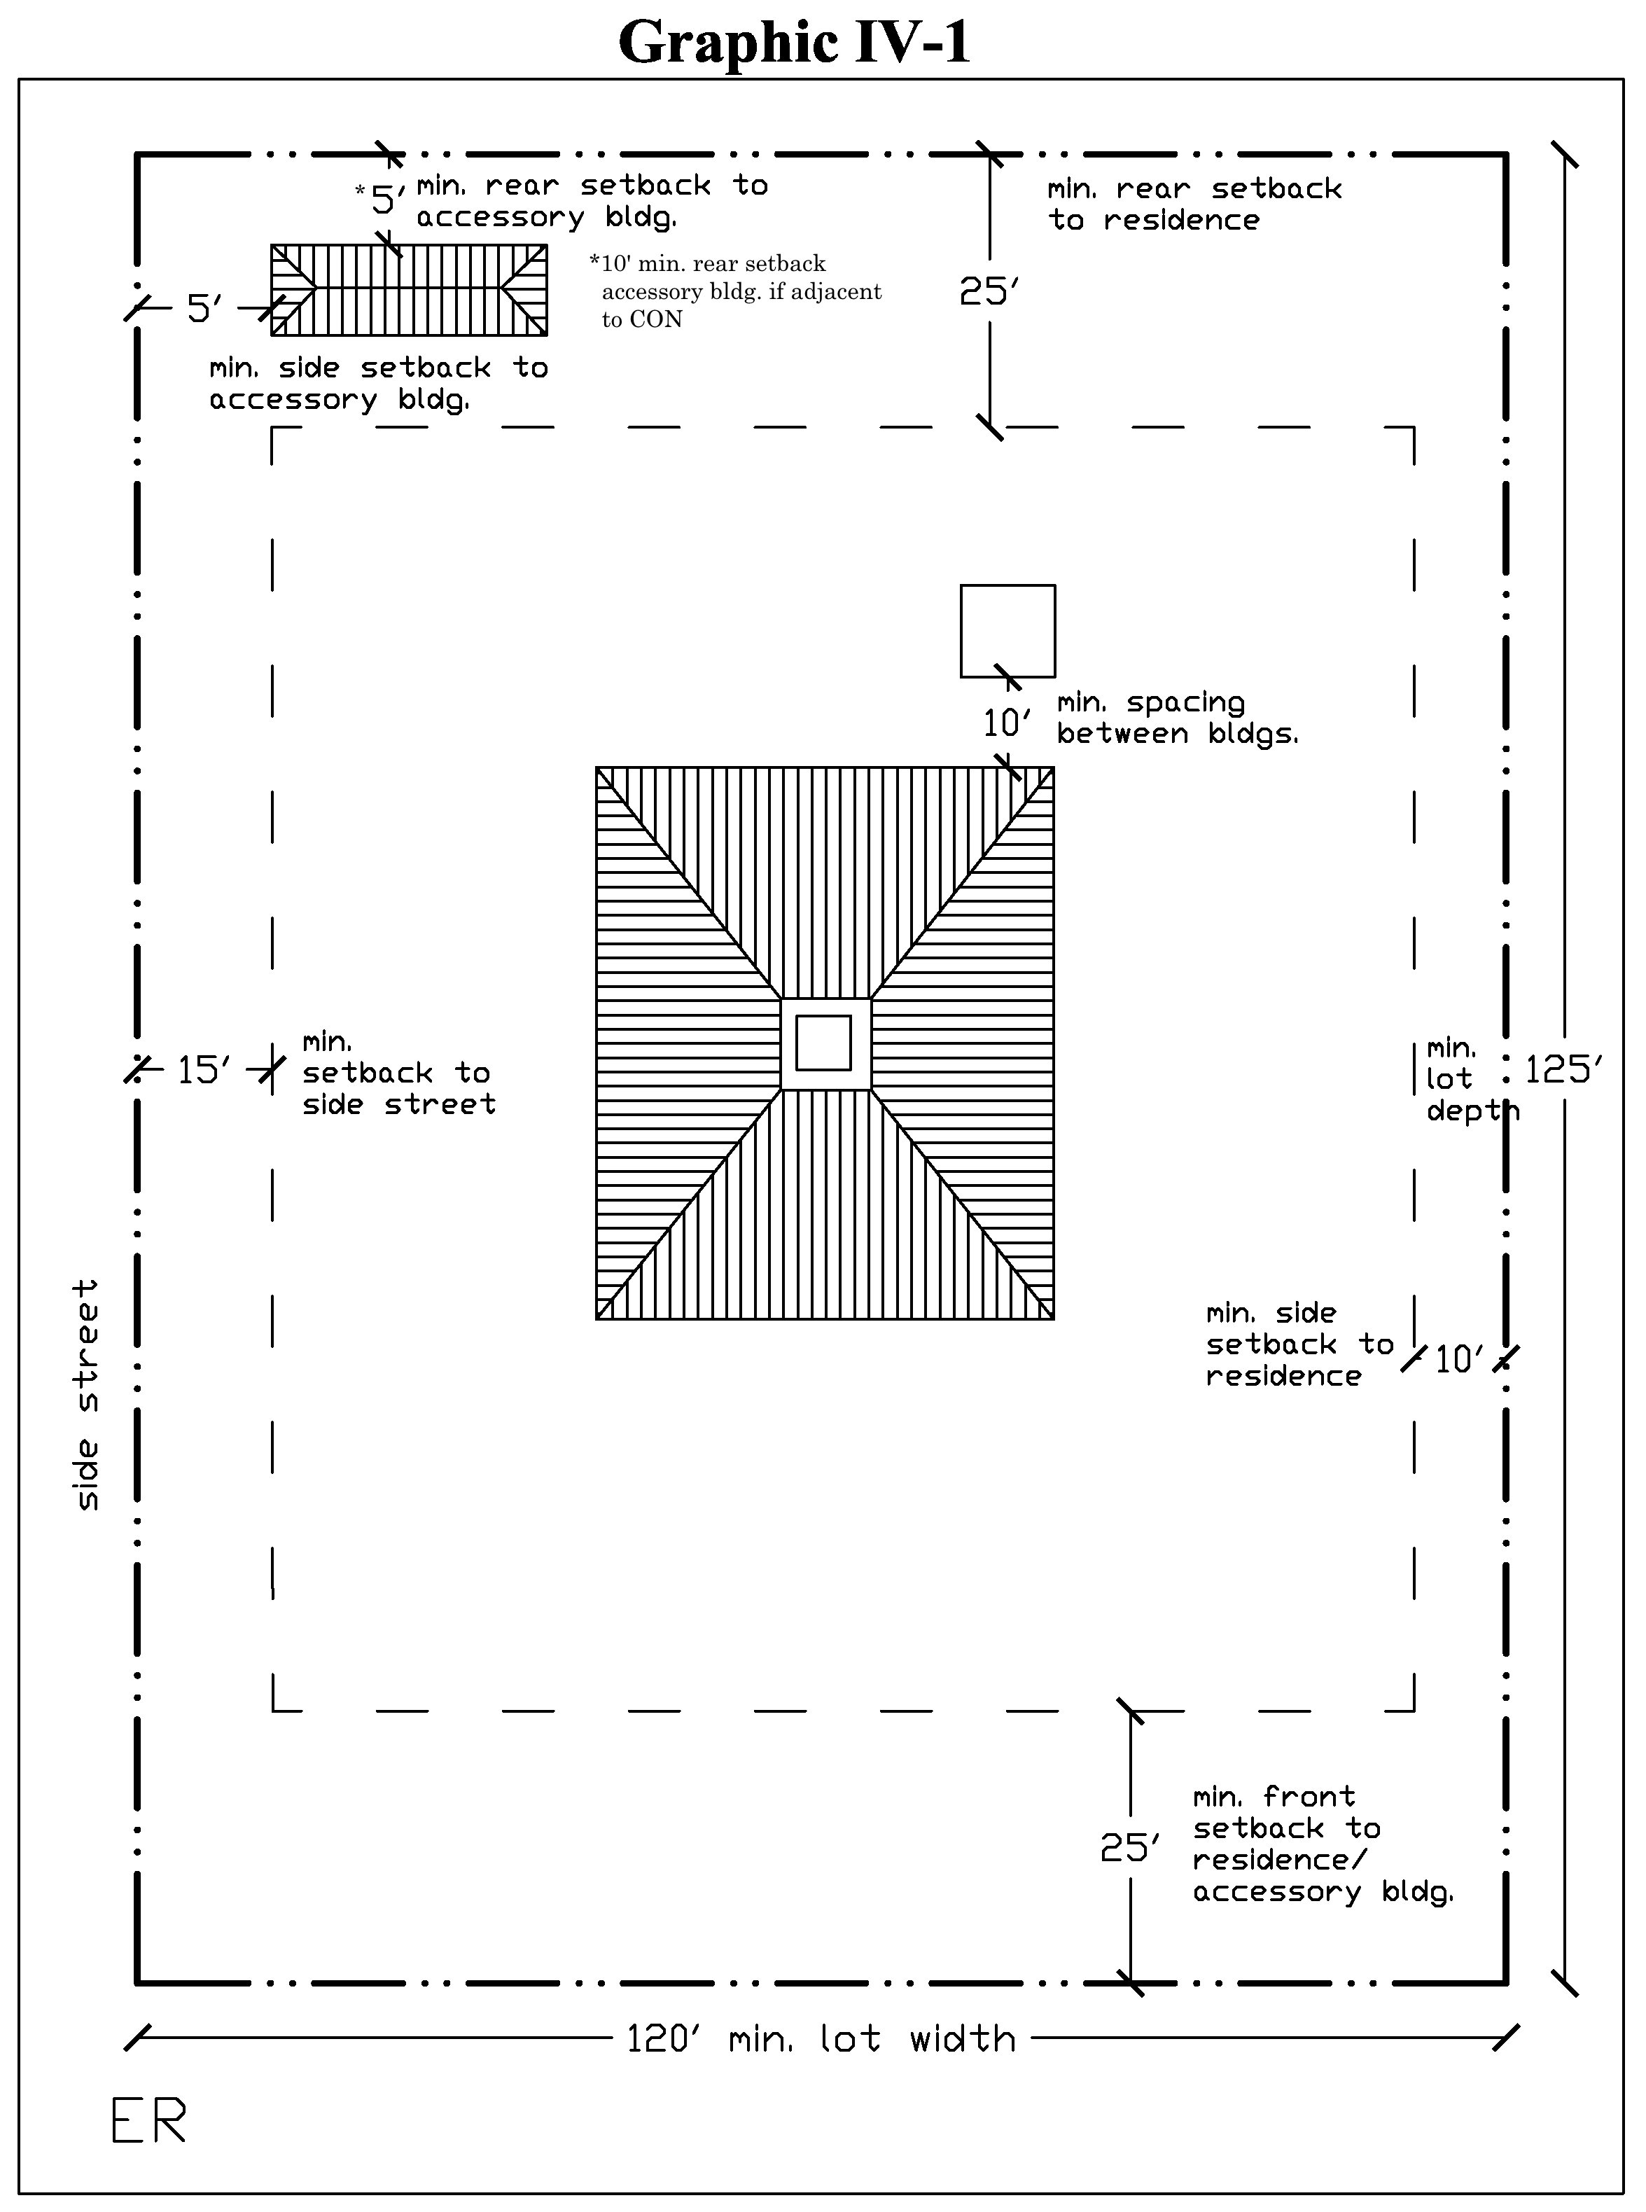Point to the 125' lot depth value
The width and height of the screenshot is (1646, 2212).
click(1563, 1070)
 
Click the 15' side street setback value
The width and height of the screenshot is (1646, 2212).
click(204, 1070)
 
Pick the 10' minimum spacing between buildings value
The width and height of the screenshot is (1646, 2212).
click(1006, 723)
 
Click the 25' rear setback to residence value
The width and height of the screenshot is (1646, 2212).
click(989, 291)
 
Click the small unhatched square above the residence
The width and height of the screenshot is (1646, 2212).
click(1007, 631)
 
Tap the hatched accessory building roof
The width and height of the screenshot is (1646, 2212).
click(408, 290)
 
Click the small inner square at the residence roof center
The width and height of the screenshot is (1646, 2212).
click(823, 1042)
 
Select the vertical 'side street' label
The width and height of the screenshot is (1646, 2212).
click(88, 1395)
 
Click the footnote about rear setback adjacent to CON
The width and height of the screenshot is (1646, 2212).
click(737, 291)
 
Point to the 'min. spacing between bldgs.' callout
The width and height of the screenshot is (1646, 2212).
click(1178, 718)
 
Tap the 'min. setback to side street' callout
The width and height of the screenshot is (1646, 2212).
click(398, 1073)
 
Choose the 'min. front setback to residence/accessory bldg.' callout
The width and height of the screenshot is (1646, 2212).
click(1324, 1844)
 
